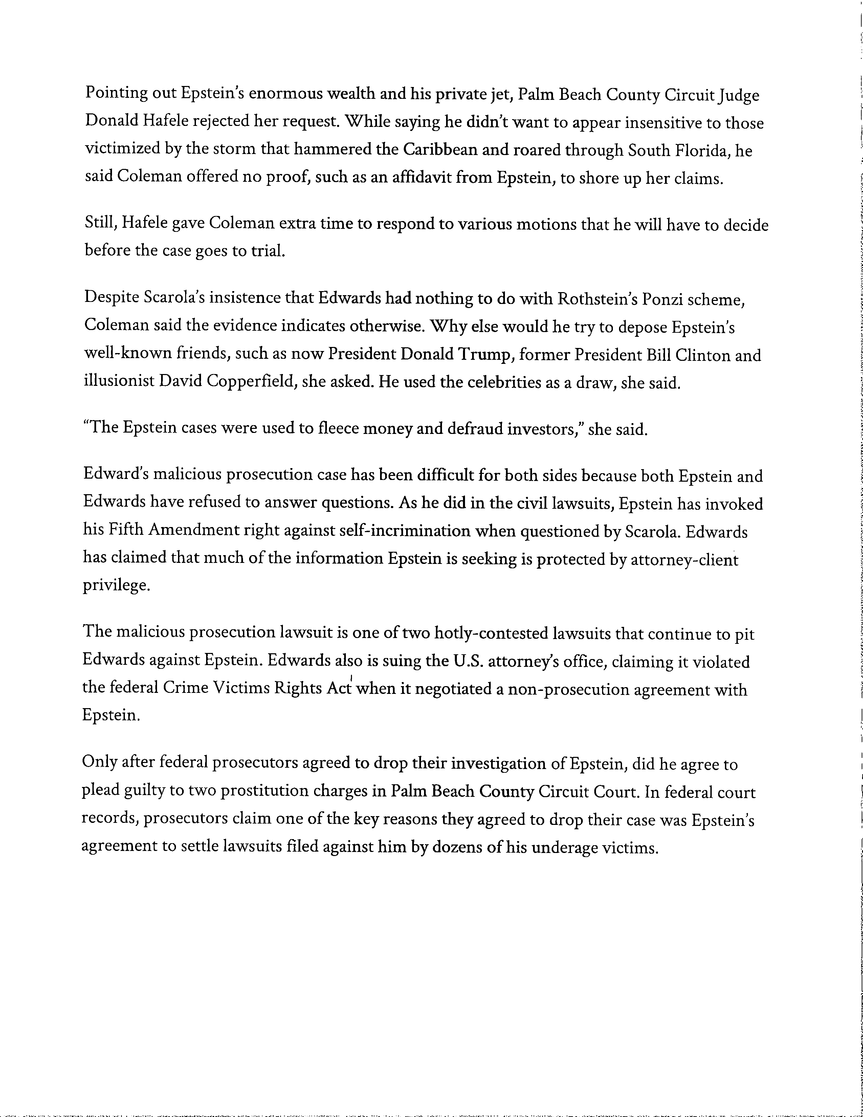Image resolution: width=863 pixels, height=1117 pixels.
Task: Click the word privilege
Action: click(116, 585)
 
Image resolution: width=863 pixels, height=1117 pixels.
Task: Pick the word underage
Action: click(563, 848)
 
